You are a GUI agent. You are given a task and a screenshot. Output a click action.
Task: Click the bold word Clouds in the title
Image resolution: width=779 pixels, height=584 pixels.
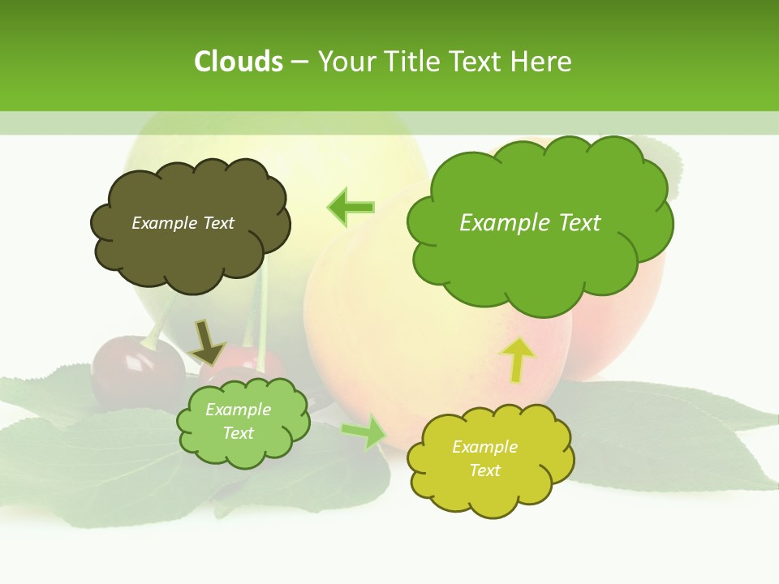pyautogui.click(x=238, y=62)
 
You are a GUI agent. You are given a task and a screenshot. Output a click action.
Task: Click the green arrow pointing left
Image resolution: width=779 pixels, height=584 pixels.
pyautogui.click(x=351, y=208)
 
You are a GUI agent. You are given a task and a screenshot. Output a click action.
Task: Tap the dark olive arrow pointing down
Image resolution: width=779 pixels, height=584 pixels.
pyautogui.click(x=208, y=342)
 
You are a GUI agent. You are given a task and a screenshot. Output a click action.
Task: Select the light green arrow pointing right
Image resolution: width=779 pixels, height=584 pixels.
pyautogui.click(x=364, y=432)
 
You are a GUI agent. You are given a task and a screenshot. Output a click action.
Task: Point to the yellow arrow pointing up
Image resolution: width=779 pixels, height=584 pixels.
pyautogui.click(x=519, y=360)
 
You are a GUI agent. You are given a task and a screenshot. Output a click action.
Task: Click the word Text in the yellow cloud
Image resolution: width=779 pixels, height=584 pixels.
pyautogui.click(x=484, y=470)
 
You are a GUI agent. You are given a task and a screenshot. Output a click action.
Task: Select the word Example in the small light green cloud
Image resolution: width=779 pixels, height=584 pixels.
pyautogui.click(x=238, y=410)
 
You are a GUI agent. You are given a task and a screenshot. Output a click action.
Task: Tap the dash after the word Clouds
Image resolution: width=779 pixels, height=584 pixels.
pyautogui.click(x=299, y=62)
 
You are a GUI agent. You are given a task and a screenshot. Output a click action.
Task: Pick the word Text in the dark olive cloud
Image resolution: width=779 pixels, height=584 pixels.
pyautogui.click(x=218, y=223)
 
